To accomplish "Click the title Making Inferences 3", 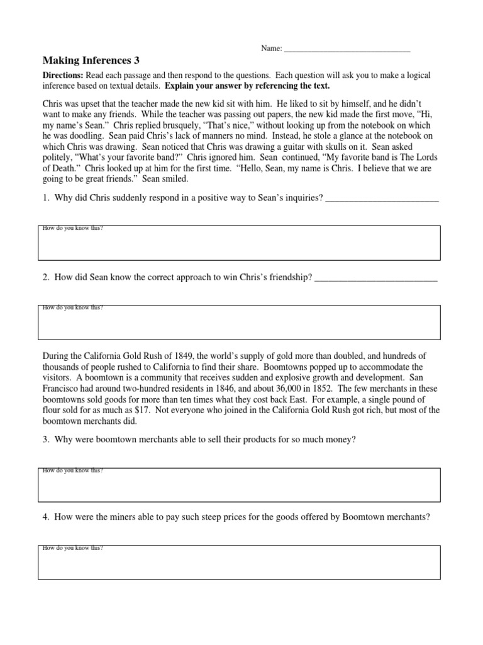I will tap(91, 61).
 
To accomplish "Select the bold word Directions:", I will tap(62, 76).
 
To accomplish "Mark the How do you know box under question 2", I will tap(238, 322).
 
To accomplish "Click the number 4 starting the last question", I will tap(46, 518).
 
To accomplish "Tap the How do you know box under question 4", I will tap(238, 562).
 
